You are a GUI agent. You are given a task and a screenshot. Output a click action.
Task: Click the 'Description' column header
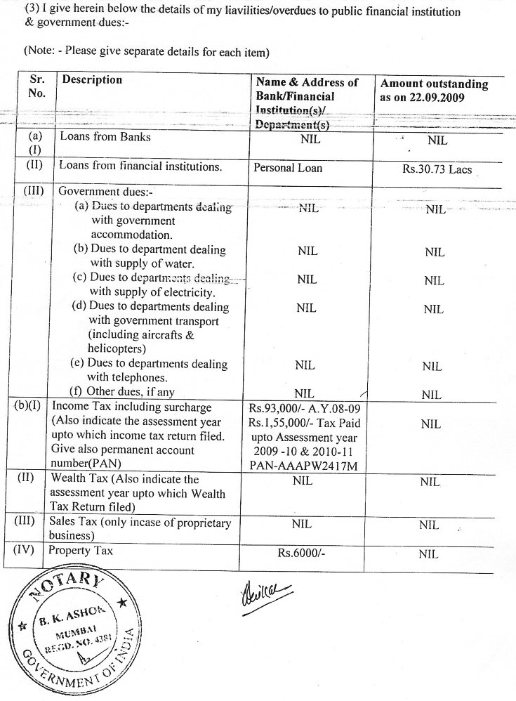click(92, 80)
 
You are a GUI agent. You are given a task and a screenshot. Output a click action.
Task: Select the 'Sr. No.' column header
click(37, 87)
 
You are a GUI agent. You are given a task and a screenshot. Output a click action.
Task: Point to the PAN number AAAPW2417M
click(307, 464)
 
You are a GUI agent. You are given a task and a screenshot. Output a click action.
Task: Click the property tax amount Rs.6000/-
click(303, 553)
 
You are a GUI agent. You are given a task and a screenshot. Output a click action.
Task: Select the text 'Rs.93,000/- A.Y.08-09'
click(307, 408)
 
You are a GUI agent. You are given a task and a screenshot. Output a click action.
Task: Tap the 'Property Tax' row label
click(80, 551)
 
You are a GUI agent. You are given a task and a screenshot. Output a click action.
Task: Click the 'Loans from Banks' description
click(105, 137)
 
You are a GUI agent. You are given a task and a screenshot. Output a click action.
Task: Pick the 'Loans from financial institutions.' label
click(140, 167)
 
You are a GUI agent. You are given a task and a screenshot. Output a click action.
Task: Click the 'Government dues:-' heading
click(105, 190)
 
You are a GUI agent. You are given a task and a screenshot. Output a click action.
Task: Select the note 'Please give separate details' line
click(147, 52)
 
